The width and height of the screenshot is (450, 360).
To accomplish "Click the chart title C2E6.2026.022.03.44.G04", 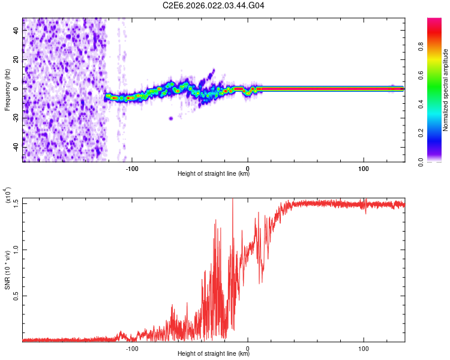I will click(x=214, y=6).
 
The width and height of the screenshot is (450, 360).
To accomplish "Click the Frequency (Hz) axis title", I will click(x=7, y=90).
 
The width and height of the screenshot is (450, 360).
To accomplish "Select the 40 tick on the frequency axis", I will click(x=16, y=31).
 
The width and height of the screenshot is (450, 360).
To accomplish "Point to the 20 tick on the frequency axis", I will click(x=16, y=60).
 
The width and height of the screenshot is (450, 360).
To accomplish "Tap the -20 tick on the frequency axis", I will click(x=14, y=118).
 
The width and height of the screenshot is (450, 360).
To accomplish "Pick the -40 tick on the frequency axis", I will click(x=14, y=147).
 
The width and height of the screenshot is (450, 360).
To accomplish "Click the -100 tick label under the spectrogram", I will click(x=132, y=167).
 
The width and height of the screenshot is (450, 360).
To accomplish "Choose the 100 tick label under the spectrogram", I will click(x=364, y=167).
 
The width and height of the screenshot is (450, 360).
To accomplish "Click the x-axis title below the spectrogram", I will click(x=214, y=174).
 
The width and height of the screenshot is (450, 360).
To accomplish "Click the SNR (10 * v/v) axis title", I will click(x=7, y=270).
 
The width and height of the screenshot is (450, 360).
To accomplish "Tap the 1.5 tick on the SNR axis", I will click(x=14, y=203).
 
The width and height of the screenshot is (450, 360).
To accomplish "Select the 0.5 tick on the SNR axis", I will click(x=14, y=296).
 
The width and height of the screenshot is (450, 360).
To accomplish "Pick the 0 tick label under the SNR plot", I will click(x=248, y=347).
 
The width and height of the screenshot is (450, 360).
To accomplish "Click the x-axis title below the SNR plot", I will click(x=214, y=354).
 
